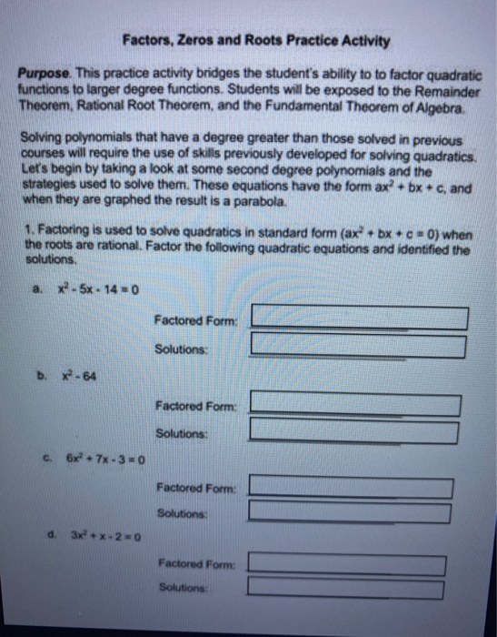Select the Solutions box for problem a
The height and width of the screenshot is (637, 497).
(x=360, y=347)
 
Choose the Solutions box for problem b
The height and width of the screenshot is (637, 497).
(x=356, y=430)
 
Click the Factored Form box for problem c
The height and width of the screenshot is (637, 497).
(x=351, y=487)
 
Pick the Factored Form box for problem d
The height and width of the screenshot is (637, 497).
(x=347, y=565)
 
